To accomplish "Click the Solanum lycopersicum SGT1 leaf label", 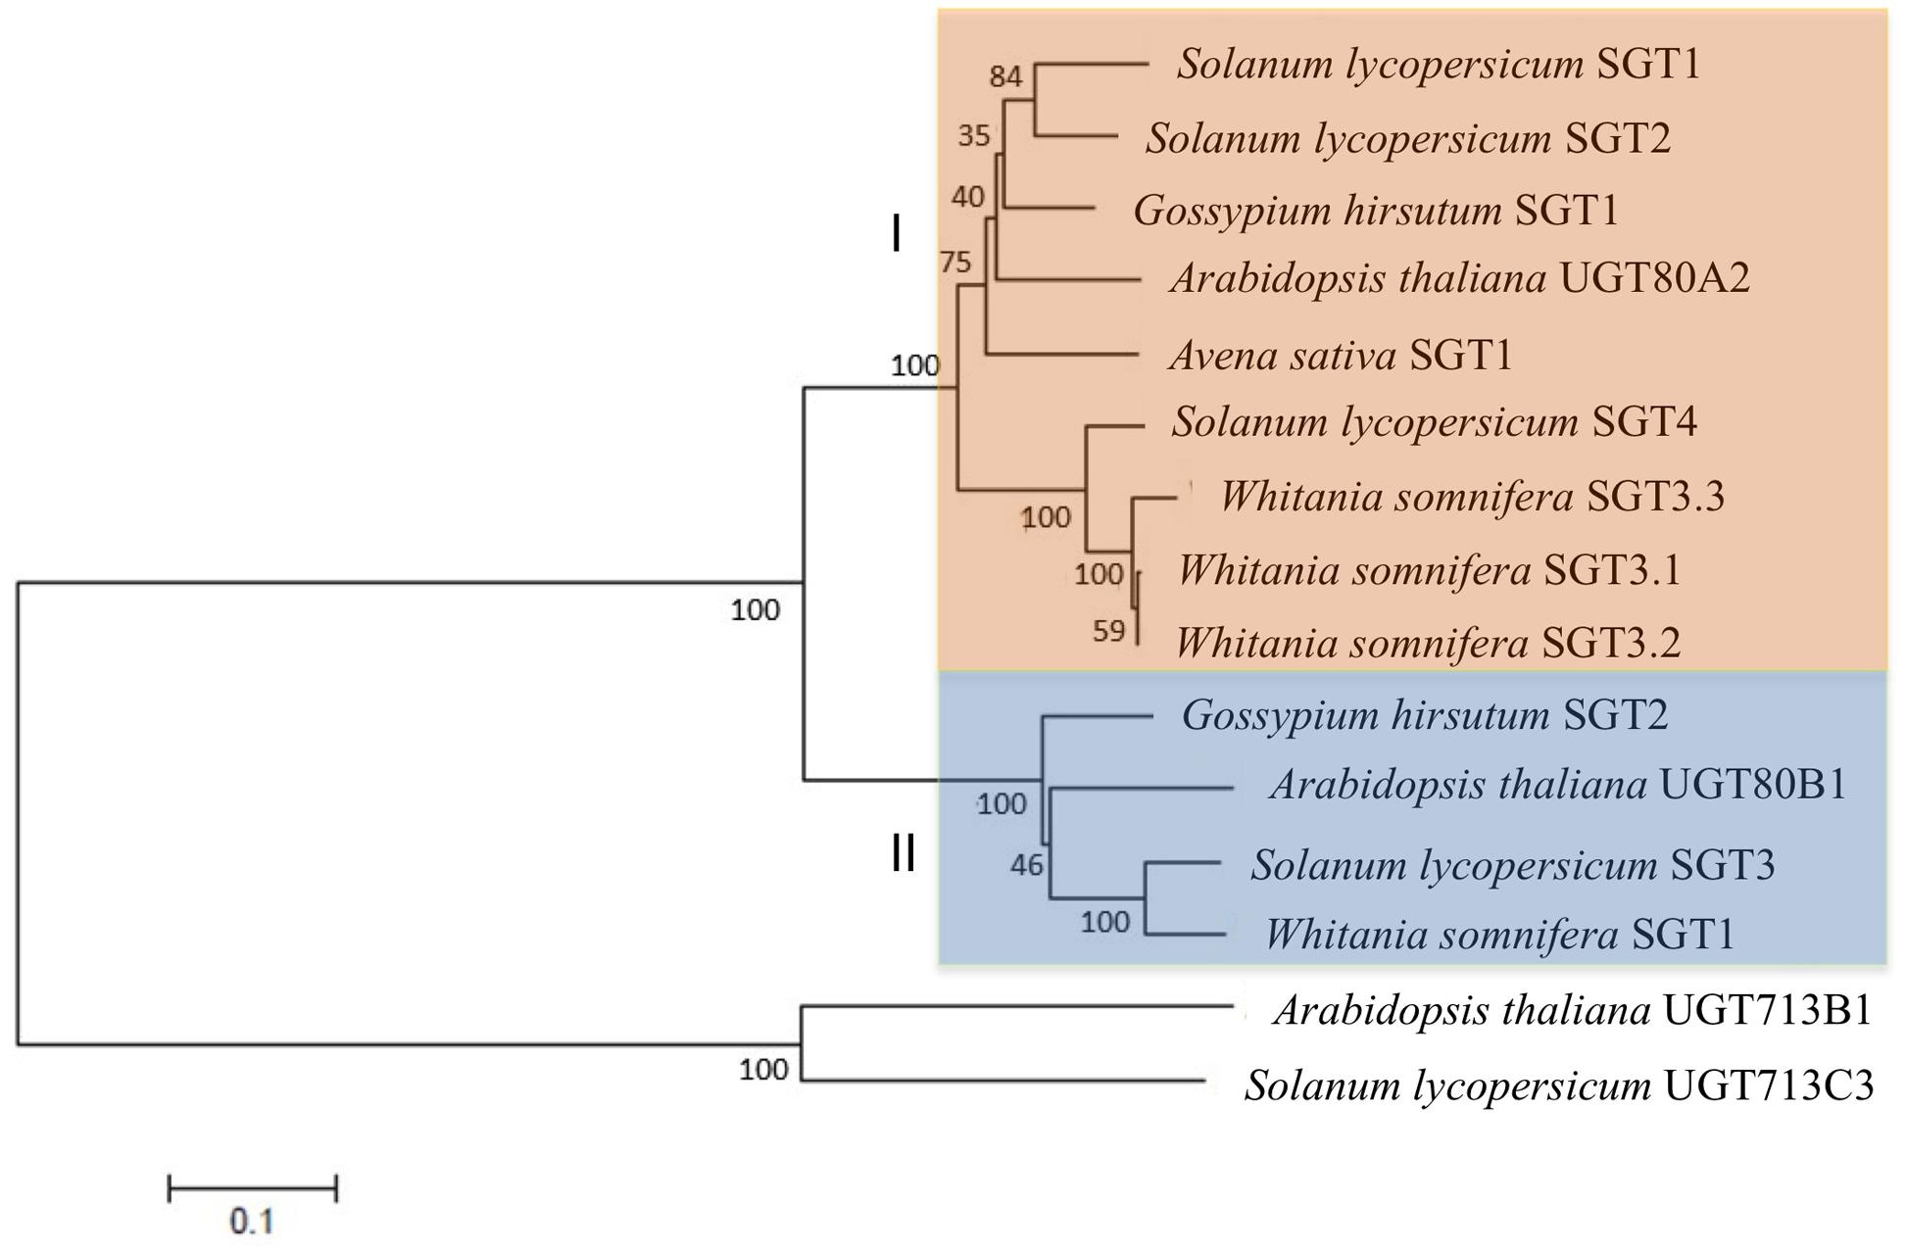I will [x=1439, y=65].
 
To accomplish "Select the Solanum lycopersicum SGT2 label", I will [x=1408, y=138].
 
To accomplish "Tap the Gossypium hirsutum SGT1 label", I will [x=1376, y=211].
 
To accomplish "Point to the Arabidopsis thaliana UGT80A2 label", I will [x=1460, y=279].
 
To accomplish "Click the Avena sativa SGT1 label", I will [x=1341, y=355].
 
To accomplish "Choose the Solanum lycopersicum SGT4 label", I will [x=1434, y=422].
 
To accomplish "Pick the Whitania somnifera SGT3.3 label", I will [x=1472, y=497].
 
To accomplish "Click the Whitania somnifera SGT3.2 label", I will [x=1428, y=644].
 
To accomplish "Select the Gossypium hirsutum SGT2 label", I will [x=1424, y=715].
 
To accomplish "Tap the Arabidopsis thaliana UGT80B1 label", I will [x=1558, y=785].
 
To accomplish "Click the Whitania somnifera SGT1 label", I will [x=1499, y=935].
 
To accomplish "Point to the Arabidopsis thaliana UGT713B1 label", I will [x=1572, y=1011].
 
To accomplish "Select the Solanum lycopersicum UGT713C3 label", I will [x=1559, y=1085].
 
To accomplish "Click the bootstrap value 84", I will [x=1005, y=76].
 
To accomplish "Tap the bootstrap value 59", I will [x=1109, y=631].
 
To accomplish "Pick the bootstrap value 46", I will [x=1027, y=865].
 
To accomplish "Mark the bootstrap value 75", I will [x=955, y=263].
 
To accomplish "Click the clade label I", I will [x=896, y=235].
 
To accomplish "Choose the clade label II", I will [x=903, y=853].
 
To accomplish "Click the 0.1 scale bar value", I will [x=252, y=1222].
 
